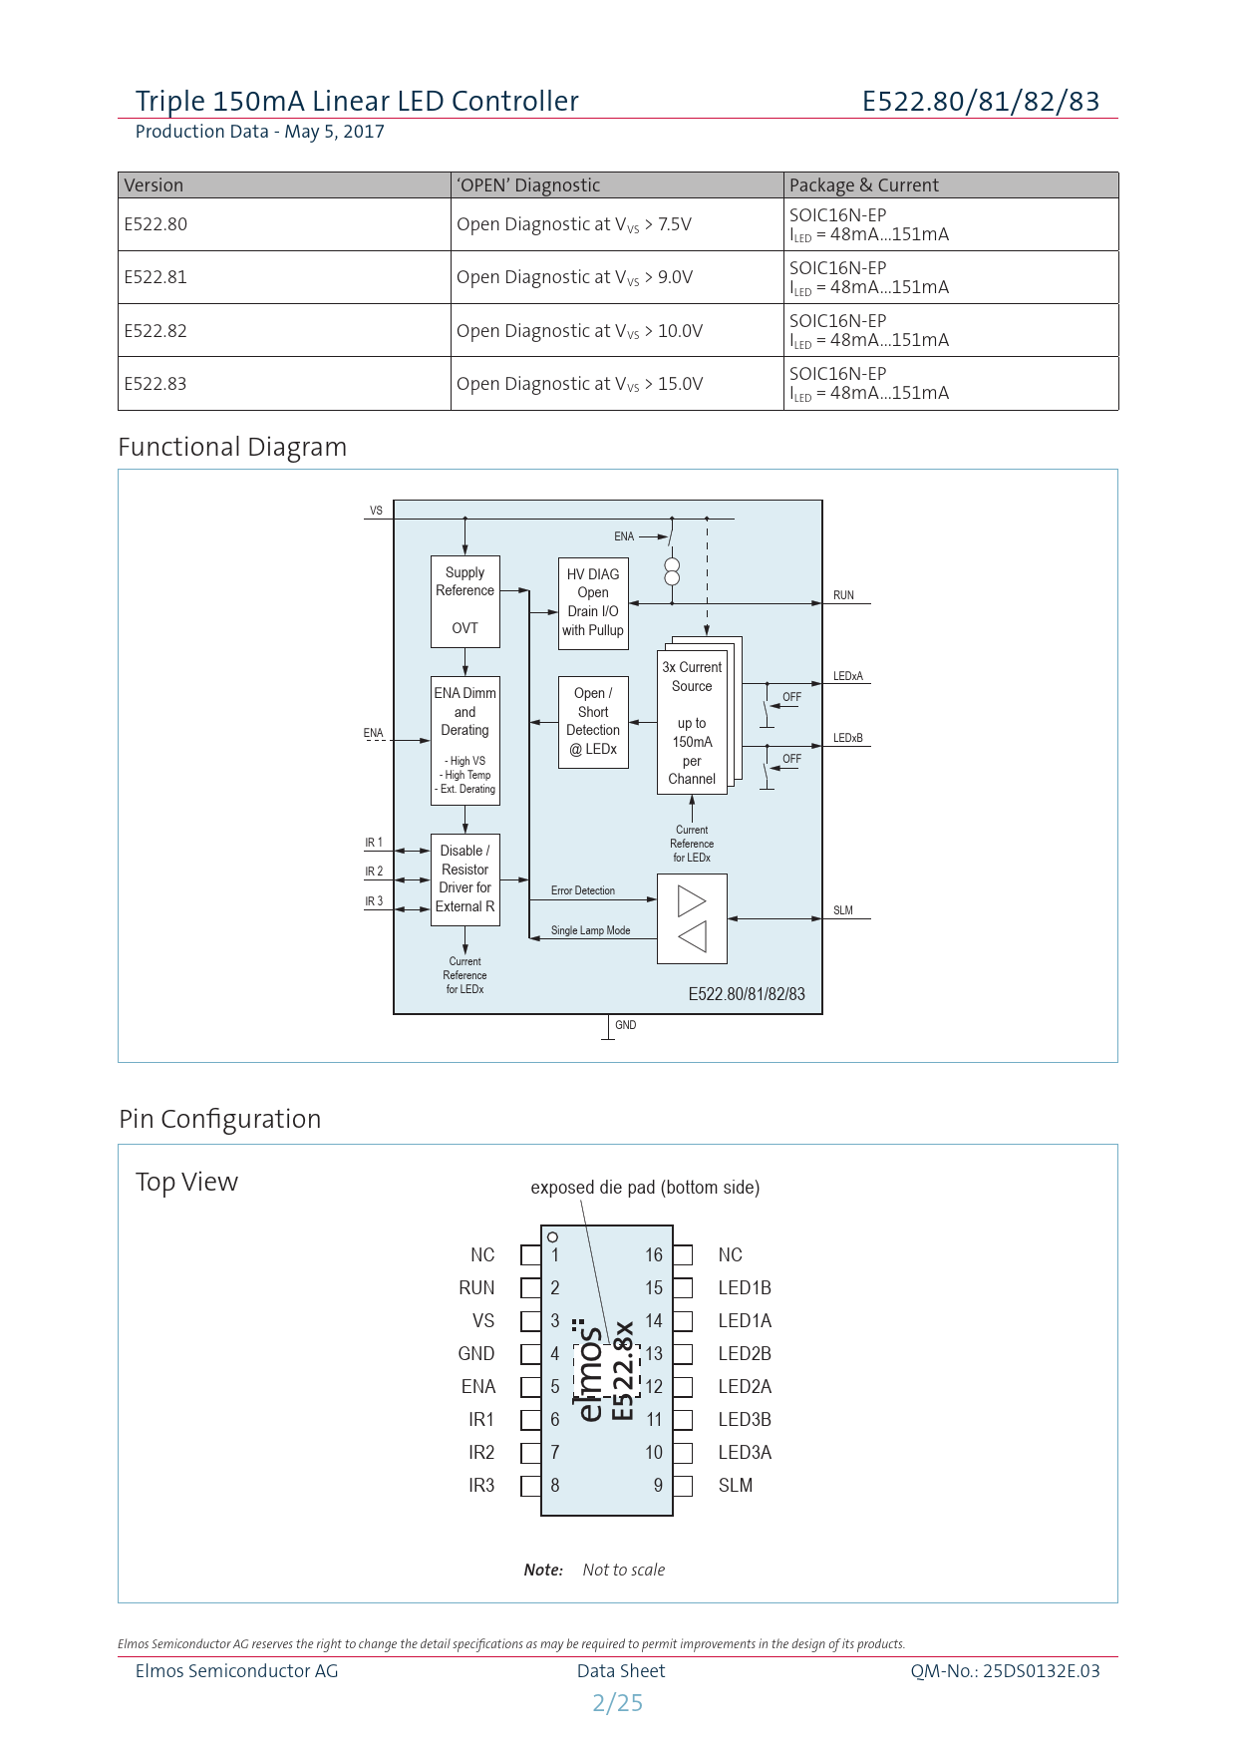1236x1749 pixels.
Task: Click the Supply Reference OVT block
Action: (x=464, y=601)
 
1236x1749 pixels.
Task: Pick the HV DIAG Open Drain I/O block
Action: (x=593, y=602)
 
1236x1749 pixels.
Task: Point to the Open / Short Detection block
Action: (x=593, y=721)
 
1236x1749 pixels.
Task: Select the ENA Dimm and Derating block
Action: (x=464, y=739)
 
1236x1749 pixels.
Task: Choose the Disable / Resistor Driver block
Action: (x=464, y=878)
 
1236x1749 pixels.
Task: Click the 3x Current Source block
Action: (x=692, y=722)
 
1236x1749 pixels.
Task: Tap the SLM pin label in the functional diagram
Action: (x=843, y=910)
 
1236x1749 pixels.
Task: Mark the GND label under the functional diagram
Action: (x=625, y=1025)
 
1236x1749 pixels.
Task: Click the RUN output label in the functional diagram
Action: (x=843, y=595)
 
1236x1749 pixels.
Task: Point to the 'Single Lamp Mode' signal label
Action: (x=590, y=930)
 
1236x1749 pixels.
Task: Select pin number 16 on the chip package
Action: (x=654, y=1254)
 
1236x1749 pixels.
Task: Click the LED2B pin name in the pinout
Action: (x=745, y=1353)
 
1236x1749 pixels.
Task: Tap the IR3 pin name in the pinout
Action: (x=481, y=1485)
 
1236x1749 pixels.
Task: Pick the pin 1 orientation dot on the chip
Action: (x=553, y=1237)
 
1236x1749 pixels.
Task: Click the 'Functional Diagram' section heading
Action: (x=232, y=447)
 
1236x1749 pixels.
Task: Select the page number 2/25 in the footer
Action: (x=618, y=1702)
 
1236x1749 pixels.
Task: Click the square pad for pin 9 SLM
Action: (x=683, y=1486)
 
